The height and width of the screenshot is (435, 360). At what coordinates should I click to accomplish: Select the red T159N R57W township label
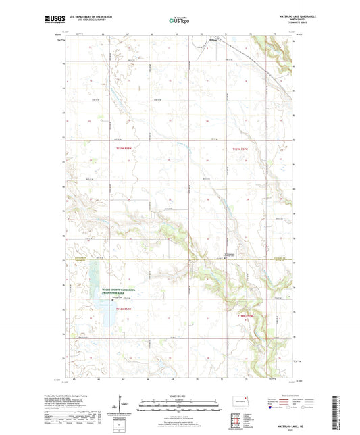pos(240,149)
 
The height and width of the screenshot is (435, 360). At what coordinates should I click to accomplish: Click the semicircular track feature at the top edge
pos(199,43)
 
